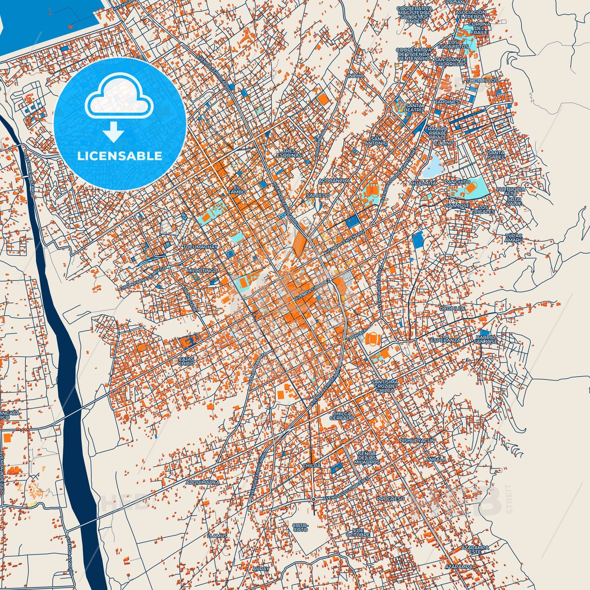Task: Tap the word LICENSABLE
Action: point(120,156)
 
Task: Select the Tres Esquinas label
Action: point(289,153)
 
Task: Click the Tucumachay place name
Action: point(200,247)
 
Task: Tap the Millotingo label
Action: point(202,271)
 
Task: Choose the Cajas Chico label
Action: point(186,361)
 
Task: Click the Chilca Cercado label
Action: point(342,416)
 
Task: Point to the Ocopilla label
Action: point(452,309)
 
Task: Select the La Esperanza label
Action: point(445,338)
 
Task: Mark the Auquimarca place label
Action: point(203,482)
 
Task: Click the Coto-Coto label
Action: point(300,527)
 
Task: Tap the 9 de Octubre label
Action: point(358,532)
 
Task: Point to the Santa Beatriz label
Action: point(414,108)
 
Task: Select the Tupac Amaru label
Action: point(514,238)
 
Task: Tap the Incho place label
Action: point(356,76)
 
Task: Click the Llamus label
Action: point(217,536)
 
